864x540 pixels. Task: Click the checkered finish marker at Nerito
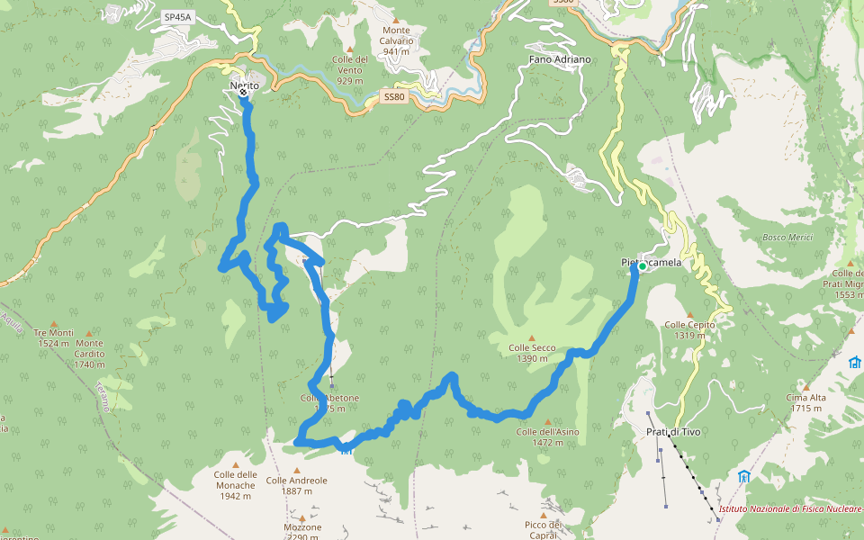pos(243,92)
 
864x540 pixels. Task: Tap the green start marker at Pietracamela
pos(643,266)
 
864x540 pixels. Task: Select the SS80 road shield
pos(394,96)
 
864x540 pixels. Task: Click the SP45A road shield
pos(178,17)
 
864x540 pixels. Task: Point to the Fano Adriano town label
pos(559,59)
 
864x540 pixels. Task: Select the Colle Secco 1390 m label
pos(532,353)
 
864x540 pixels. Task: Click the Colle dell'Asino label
pos(546,436)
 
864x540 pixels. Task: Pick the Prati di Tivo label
pos(673,432)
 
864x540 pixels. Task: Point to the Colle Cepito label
pos(689,330)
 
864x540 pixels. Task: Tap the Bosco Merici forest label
pos(787,237)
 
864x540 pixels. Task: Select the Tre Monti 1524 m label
pos(54,337)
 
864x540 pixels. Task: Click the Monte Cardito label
pos(90,348)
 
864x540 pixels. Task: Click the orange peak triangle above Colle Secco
pos(532,337)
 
